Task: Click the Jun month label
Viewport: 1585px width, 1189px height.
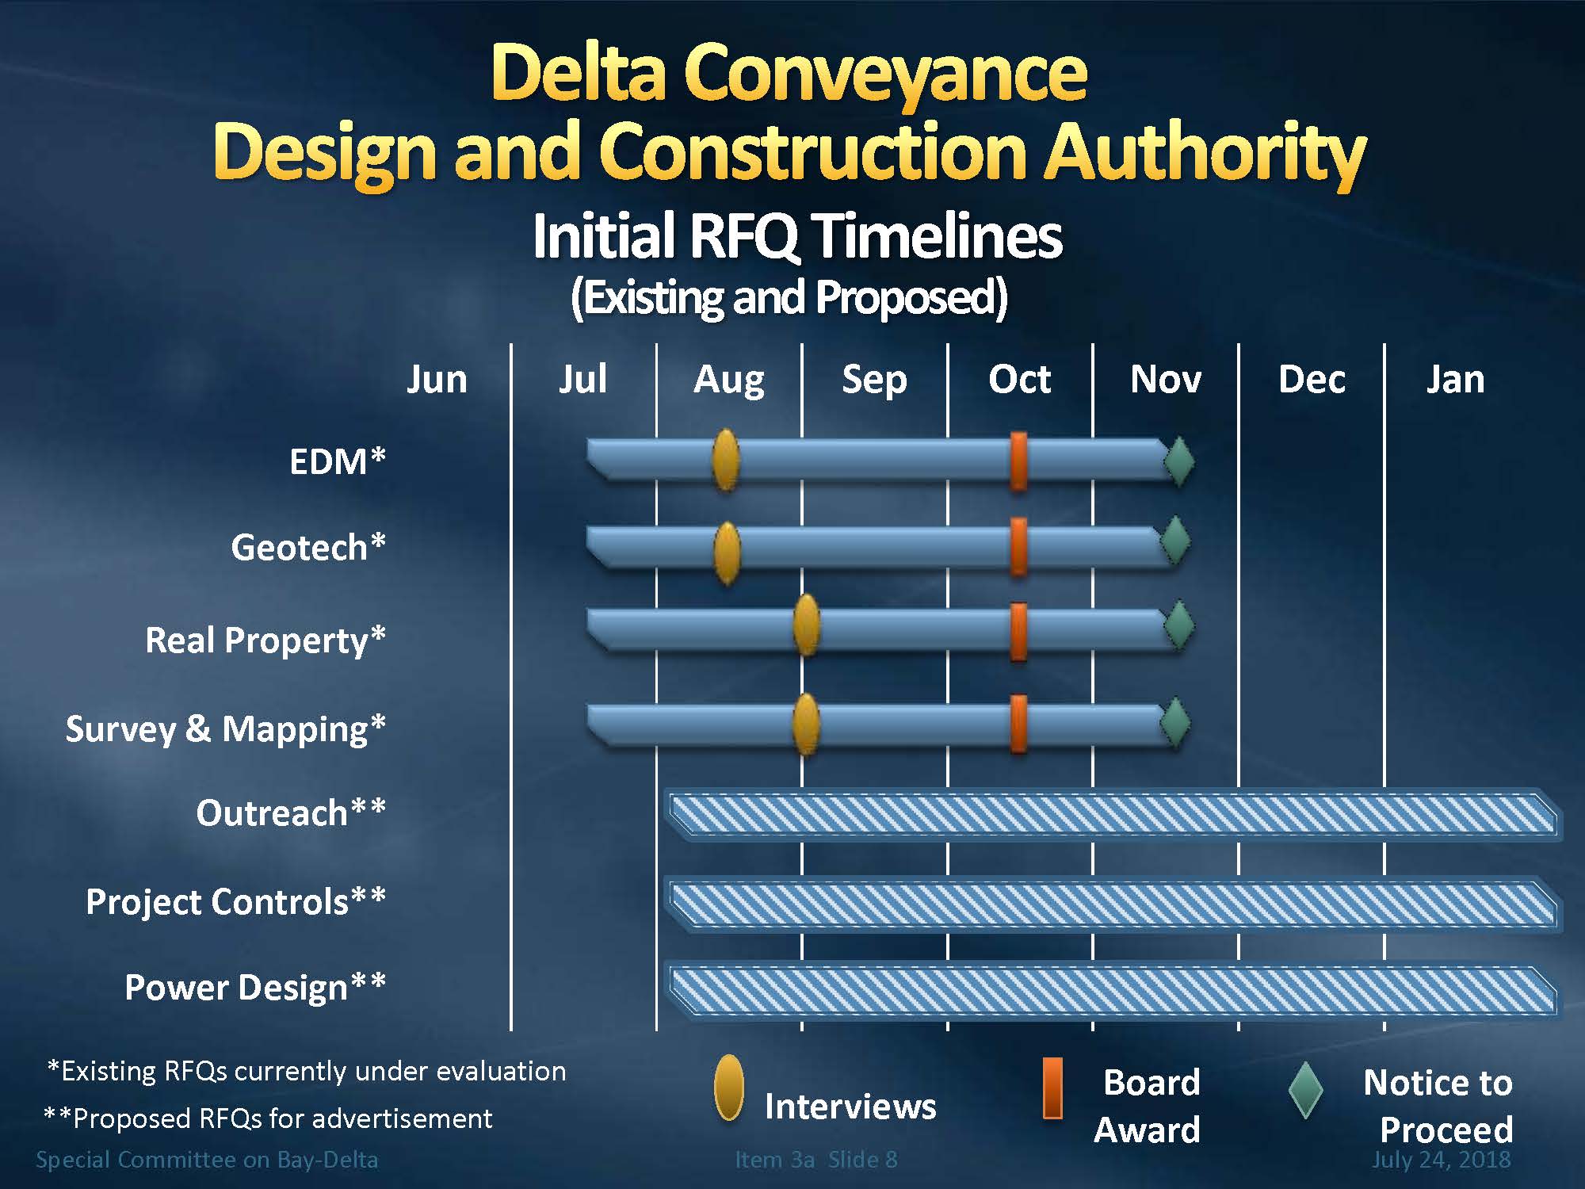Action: pyautogui.click(x=437, y=379)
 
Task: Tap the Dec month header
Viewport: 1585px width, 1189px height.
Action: pyautogui.click(x=1312, y=379)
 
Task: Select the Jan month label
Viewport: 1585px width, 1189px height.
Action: pyautogui.click(x=1455, y=379)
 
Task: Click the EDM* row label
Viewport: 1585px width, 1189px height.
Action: pyautogui.click(x=337, y=461)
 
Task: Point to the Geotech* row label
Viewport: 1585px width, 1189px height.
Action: pyautogui.click(x=307, y=547)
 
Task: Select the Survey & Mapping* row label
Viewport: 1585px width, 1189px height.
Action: pyautogui.click(x=225, y=728)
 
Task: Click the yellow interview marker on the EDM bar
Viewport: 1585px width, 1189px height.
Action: pyautogui.click(x=726, y=460)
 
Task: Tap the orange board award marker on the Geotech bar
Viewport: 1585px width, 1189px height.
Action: pyautogui.click(x=1019, y=547)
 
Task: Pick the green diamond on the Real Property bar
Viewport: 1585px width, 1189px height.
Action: pyautogui.click(x=1179, y=625)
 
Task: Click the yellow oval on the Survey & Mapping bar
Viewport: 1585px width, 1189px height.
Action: pyautogui.click(x=806, y=724)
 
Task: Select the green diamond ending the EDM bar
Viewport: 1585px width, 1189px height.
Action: pyautogui.click(x=1179, y=461)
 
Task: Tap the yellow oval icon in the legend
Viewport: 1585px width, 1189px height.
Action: pyautogui.click(x=728, y=1088)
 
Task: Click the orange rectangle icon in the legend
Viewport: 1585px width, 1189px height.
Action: pyautogui.click(x=1052, y=1088)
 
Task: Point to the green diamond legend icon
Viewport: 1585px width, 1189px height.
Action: pyautogui.click(x=1305, y=1091)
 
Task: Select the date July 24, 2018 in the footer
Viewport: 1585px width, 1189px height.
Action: pyautogui.click(x=1441, y=1159)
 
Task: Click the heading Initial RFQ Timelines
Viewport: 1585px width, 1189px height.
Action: pyautogui.click(x=796, y=236)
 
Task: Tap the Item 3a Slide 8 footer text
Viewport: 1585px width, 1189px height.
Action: pyautogui.click(x=816, y=1159)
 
